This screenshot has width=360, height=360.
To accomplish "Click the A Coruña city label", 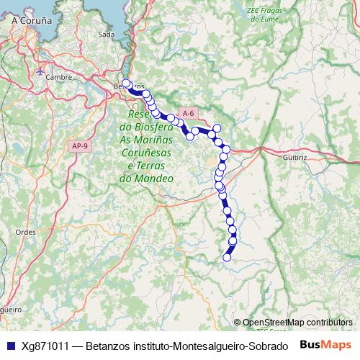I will coord(32,22).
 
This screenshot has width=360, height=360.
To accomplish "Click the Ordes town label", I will coord(26,232).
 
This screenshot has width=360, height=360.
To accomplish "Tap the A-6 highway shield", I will coord(189,113).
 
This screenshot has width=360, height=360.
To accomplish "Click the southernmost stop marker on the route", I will coord(228,257).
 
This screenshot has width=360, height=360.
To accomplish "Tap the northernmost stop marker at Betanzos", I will coord(127,83).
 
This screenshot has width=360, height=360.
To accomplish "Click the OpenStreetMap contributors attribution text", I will coord(297,323).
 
